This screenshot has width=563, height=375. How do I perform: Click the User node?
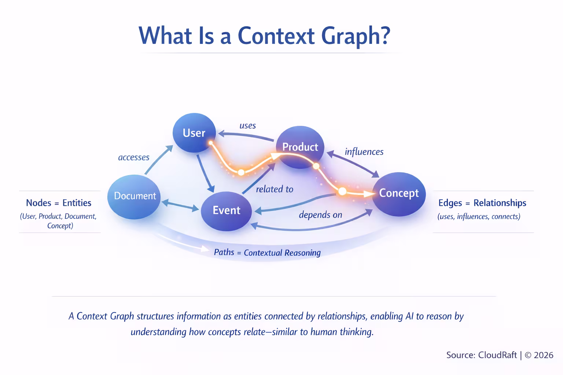(194, 133)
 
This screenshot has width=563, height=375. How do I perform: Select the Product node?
(300, 147)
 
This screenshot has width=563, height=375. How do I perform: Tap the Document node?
(135, 196)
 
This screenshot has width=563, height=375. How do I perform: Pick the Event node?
(226, 211)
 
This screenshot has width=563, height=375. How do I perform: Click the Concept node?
(399, 193)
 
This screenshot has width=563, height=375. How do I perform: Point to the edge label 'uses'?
(247, 126)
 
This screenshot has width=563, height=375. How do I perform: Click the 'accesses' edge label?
(133, 157)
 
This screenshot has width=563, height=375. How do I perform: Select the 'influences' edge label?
(364, 152)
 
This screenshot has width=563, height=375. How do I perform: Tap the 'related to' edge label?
(275, 189)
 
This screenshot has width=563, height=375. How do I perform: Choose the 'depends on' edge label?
(320, 215)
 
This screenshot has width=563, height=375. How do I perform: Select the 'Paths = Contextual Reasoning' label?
(267, 253)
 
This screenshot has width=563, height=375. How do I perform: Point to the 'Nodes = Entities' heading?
(59, 203)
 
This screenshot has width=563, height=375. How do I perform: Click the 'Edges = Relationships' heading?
(482, 203)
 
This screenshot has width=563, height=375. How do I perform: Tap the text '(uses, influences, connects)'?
(479, 216)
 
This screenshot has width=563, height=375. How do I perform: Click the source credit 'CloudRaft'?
(497, 355)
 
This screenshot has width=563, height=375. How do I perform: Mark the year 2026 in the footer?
(544, 355)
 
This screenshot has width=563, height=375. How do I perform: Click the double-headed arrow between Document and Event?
(180, 205)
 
